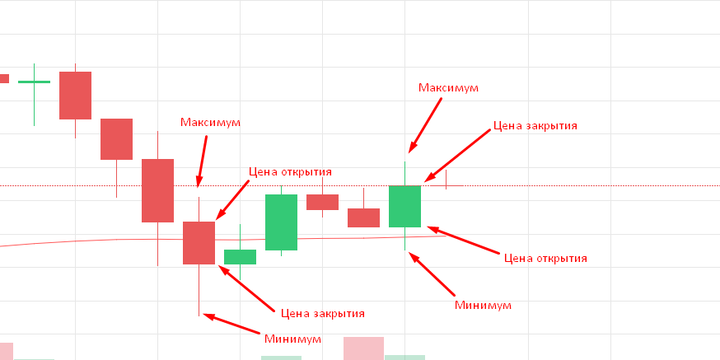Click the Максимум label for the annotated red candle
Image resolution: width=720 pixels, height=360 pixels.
pyautogui.click(x=210, y=122)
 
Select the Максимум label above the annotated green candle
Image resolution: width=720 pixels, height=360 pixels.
pyautogui.click(x=448, y=87)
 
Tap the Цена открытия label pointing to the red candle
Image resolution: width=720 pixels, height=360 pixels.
pyautogui.click(x=290, y=172)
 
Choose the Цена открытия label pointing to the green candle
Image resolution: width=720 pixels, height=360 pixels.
pyautogui.click(x=545, y=258)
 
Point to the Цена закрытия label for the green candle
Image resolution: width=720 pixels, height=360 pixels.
pyautogui.click(x=535, y=127)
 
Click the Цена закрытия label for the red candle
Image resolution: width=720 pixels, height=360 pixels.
pyautogui.click(x=322, y=313)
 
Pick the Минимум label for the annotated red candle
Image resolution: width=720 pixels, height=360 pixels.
pyautogui.click(x=293, y=339)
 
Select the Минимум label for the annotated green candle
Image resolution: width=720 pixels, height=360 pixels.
pyautogui.click(x=484, y=305)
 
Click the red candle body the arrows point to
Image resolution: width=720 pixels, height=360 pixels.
pyautogui.click(x=199, y=242)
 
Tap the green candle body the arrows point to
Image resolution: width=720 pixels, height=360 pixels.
pyautogui.click(x=404, y=206)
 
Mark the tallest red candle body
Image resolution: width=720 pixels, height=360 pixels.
pyautogui.click(x=157, y=190)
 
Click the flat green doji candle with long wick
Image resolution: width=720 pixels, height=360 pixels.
pyautogui.click(x=34, y=82)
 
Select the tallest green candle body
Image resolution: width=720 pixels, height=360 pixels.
pyautogui.click(x=281, y=222)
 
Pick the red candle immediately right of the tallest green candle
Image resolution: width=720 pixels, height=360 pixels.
pyautogui.click(x=322, y=202)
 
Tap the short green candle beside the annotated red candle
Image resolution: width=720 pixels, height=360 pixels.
pyautogui.click(x=240, y=257)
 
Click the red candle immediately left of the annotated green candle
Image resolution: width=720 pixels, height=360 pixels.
pyautogui.click(x=363, y=217)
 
